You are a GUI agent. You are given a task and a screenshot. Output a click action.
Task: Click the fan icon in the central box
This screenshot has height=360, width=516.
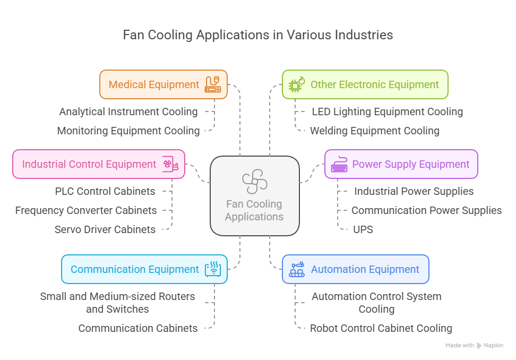[x=254, y=181]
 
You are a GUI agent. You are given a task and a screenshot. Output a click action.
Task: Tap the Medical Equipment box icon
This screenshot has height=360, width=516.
[x=212, y=84]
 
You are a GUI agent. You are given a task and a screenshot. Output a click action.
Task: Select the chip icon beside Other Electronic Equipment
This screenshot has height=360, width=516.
[x=297, y=84]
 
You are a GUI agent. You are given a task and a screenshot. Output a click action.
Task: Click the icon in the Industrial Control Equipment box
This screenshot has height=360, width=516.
[x=170, y=164]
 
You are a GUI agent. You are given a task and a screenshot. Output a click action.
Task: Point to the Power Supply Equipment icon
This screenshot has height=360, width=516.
[x=339, y=164]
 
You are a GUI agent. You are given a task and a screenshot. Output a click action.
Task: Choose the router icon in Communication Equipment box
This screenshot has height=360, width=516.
[x=213, y=269]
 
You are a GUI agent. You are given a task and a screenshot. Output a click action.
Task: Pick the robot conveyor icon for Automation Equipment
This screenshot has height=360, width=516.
[x=297, y=269]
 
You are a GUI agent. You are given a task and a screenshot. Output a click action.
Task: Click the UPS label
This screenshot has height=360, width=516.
[x=363, y=229]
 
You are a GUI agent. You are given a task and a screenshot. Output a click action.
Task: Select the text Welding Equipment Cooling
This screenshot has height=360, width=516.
[x=375, y=131]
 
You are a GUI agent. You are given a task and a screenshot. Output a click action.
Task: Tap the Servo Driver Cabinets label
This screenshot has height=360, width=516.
[x=105, y=229]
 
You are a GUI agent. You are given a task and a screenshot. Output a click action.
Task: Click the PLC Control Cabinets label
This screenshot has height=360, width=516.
[x=105, y=191]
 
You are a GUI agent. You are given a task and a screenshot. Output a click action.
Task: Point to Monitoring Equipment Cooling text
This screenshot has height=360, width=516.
[x=128, y=131]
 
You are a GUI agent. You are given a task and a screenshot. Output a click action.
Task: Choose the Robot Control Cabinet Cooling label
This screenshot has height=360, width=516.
[x=381, y=328]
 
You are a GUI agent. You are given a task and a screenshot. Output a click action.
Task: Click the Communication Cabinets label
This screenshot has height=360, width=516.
[x=138, y=328]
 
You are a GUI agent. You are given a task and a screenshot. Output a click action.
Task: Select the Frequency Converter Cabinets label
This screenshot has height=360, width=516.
[x=86, y=210]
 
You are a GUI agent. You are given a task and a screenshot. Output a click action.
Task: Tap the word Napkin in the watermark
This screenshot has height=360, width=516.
[x=493, y=345]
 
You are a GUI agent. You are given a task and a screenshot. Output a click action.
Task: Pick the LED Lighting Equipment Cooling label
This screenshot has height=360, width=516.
[x=388, y=112]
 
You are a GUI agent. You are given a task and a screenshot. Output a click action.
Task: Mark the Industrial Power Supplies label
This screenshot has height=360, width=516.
[x=414, y=191]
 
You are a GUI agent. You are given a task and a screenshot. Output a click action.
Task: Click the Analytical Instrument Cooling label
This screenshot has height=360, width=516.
[x=128, y=112]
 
